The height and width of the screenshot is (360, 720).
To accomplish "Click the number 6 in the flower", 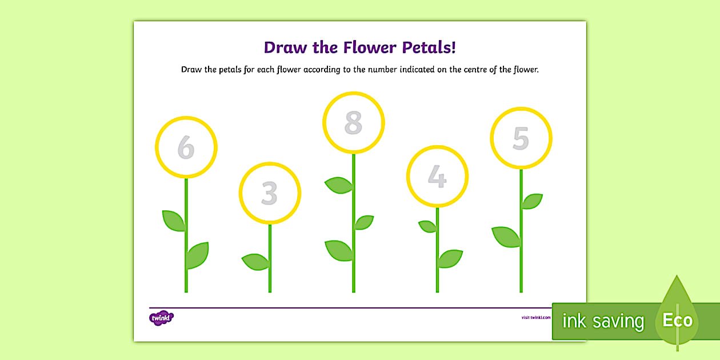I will coord(186,147).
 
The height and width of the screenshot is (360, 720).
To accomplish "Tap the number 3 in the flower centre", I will coord(269,193).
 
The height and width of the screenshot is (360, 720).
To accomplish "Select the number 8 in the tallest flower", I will coord(353,123).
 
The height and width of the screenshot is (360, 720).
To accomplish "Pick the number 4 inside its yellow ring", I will coord(437,177).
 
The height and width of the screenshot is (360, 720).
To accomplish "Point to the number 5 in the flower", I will coord(521,138).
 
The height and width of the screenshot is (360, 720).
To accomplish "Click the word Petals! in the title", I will coord(429,47).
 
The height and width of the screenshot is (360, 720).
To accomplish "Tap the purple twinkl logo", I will coord(161,318).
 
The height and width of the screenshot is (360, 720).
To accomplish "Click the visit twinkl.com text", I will coord(536,318).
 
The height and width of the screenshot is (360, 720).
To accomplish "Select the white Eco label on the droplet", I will coord(677,320).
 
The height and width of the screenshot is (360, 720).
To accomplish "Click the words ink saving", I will coord(602,321).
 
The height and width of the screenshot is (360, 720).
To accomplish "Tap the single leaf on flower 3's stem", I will coord(255,262).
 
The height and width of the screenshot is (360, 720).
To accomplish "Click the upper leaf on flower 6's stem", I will coord(173,220).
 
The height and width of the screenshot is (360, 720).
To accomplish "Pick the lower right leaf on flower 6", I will coord(198,255).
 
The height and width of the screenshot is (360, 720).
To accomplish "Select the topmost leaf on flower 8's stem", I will coord(339,185).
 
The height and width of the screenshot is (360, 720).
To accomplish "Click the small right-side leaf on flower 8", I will coord(363,222).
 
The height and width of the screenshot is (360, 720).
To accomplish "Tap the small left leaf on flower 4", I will coord(427,226).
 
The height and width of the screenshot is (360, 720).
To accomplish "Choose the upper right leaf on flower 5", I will coord(532,201).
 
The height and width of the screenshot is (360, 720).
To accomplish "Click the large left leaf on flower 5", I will coord(506,236).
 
